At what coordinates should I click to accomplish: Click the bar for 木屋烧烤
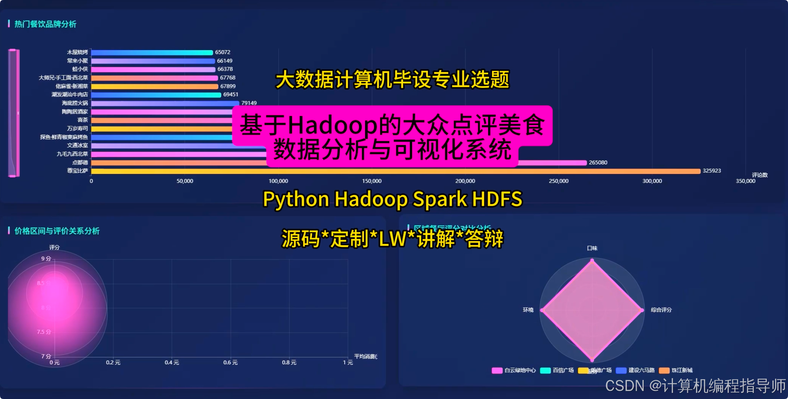pos(152,52)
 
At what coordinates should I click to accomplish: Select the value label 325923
pos(711,171)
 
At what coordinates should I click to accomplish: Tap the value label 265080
pos(598,162)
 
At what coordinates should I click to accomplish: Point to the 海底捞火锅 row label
pos(75,103)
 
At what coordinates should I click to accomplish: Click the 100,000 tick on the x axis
pos(278,181)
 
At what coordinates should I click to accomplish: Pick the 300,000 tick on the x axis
pos(652,181)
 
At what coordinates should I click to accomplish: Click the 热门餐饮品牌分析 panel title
pos(45,24)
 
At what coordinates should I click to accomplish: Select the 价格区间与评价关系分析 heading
pos(57,231)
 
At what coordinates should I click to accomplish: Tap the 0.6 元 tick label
pos(230,362)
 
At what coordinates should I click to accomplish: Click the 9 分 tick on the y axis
pos(46,259)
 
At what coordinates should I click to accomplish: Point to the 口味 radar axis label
pos(592,248)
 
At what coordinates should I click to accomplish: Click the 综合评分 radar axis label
pos(661,310)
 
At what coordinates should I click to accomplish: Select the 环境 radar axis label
pos(528,310)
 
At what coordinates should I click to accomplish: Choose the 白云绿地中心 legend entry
pos(514,370)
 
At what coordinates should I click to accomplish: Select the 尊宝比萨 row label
pos(78,171)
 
